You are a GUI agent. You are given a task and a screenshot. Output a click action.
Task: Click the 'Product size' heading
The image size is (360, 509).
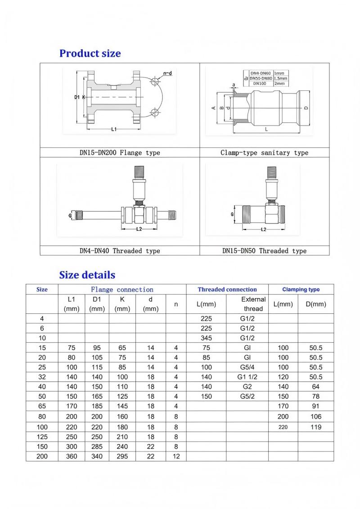[90, 54]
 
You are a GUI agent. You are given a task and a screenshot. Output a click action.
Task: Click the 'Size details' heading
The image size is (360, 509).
[87, 275]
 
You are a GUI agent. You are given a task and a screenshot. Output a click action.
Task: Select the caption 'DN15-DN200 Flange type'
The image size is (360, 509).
[120, 153]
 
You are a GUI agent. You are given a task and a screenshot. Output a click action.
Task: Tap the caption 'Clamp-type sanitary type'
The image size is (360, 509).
[264, 153]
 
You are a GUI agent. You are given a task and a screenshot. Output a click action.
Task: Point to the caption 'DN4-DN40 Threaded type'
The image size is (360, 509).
[120, 251]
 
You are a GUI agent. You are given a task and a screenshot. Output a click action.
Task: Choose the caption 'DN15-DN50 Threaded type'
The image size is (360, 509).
[264, 251]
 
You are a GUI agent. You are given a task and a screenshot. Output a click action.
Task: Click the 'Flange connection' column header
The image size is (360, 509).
[122, 290]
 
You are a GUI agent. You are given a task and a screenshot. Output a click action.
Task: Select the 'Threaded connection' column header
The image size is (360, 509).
[227, 290]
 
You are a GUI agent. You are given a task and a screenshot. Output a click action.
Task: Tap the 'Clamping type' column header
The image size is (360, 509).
[301, 290]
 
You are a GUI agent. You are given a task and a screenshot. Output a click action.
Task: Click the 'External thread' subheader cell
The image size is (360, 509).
[253, 304]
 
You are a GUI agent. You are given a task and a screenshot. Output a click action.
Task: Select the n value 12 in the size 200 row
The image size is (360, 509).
[176, 456]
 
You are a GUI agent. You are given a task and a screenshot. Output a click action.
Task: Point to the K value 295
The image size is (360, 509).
[122, 456]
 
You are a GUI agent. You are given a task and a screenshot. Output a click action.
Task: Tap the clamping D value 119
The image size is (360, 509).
[315, 427]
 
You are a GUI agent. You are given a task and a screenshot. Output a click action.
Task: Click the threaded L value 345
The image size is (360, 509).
[206, 338]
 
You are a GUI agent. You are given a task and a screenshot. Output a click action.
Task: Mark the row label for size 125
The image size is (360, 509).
[42, 437]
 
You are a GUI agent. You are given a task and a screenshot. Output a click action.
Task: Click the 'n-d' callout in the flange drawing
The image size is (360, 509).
[167, 73]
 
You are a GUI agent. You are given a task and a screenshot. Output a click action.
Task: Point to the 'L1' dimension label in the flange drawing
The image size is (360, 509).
[114, 129]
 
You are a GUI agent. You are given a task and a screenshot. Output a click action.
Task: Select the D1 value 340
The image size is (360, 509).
[97, 456]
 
